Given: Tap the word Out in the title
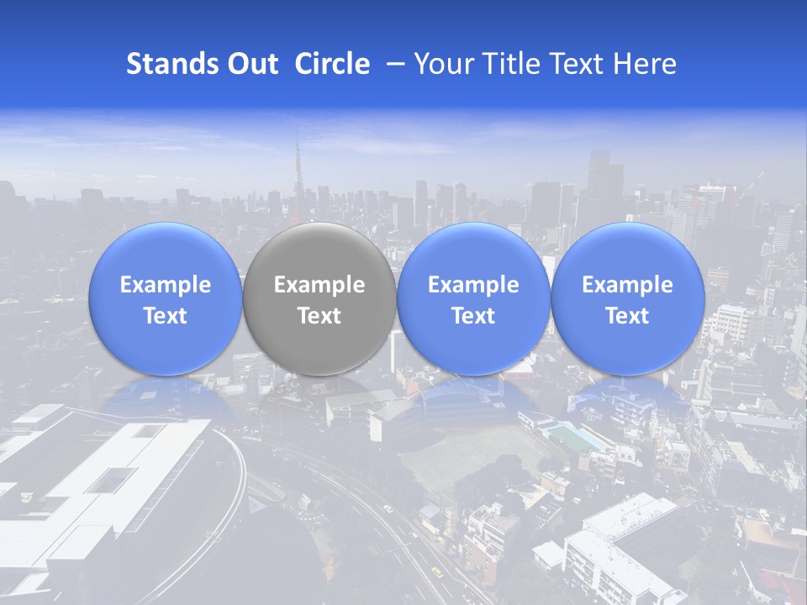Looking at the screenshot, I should point(250,64).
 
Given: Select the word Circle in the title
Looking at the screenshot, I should point(332,64).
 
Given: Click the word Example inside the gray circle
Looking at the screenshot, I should point(319,285).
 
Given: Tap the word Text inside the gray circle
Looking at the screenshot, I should point(319,316).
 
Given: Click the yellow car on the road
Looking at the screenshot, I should point(436,572).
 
